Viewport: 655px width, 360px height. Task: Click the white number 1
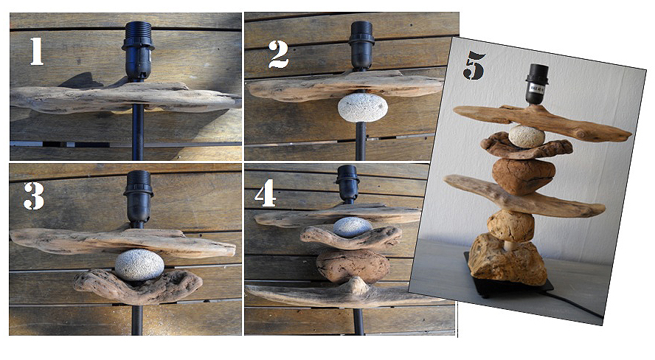click(37, 52)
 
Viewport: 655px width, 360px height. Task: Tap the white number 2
click(279, 55)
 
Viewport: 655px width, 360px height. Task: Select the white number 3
click(34, 195)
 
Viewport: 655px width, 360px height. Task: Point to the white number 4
click(266, 193)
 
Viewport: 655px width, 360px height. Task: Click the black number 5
click(474, 65)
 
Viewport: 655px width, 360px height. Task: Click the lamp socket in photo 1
click(138, 51)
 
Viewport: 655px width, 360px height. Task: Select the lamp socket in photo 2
click(361, 46)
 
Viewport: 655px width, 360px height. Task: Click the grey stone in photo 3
click(139, 265)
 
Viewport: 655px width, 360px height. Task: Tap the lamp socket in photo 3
click(138, 195)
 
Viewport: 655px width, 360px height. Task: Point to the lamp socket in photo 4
click(347, 183)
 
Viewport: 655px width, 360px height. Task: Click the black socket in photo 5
click(536, 84)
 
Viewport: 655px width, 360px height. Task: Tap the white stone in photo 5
click(527, 136)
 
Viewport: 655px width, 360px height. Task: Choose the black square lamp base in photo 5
click(510, 282)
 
